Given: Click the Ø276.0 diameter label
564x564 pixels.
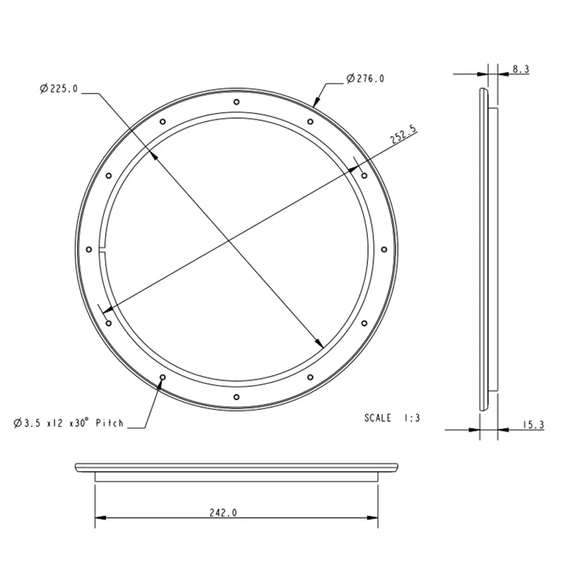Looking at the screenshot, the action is point(365,79).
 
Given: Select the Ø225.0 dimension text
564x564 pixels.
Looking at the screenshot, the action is point(59,88).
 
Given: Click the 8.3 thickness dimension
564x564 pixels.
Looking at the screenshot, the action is point(521,69).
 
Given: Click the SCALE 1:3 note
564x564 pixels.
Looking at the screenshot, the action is point(392,418).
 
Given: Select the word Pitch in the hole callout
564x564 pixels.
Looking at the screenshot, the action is point(109,423).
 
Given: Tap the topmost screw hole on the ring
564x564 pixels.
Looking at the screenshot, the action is point(237,102).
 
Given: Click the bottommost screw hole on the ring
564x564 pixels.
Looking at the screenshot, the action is point(237,397).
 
